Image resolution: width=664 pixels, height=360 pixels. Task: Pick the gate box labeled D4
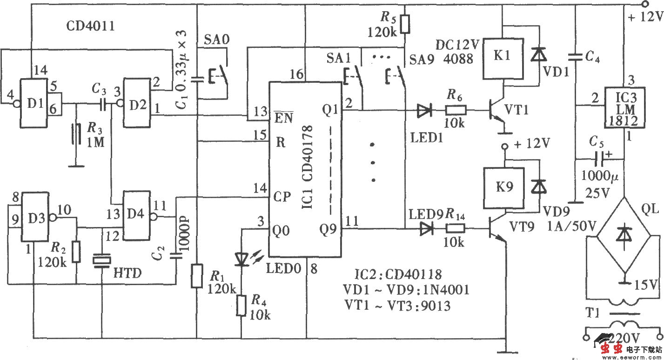pyautogui.click(x=136, y=216)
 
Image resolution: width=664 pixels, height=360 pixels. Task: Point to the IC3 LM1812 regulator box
pyautogui.click(x=625, y=107)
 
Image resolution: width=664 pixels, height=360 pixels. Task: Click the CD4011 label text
pyautogui.click(x=90, y=27)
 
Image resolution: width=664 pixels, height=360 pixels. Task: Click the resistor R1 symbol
pyautogui.click(x=197, y=276)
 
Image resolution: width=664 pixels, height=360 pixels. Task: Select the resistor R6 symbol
pyautogui.click(x=456, y=111)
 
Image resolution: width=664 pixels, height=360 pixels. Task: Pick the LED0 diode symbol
pyautogui.click(x=242, y=259)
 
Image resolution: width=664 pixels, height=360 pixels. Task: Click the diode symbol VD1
pyautogui.click(x=539, y=55)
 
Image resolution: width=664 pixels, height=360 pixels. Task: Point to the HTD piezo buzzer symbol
pyautogui.click(x=101, y=260)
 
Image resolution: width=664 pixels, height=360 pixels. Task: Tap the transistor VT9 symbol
pyautogui.click(x=496, y=229)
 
